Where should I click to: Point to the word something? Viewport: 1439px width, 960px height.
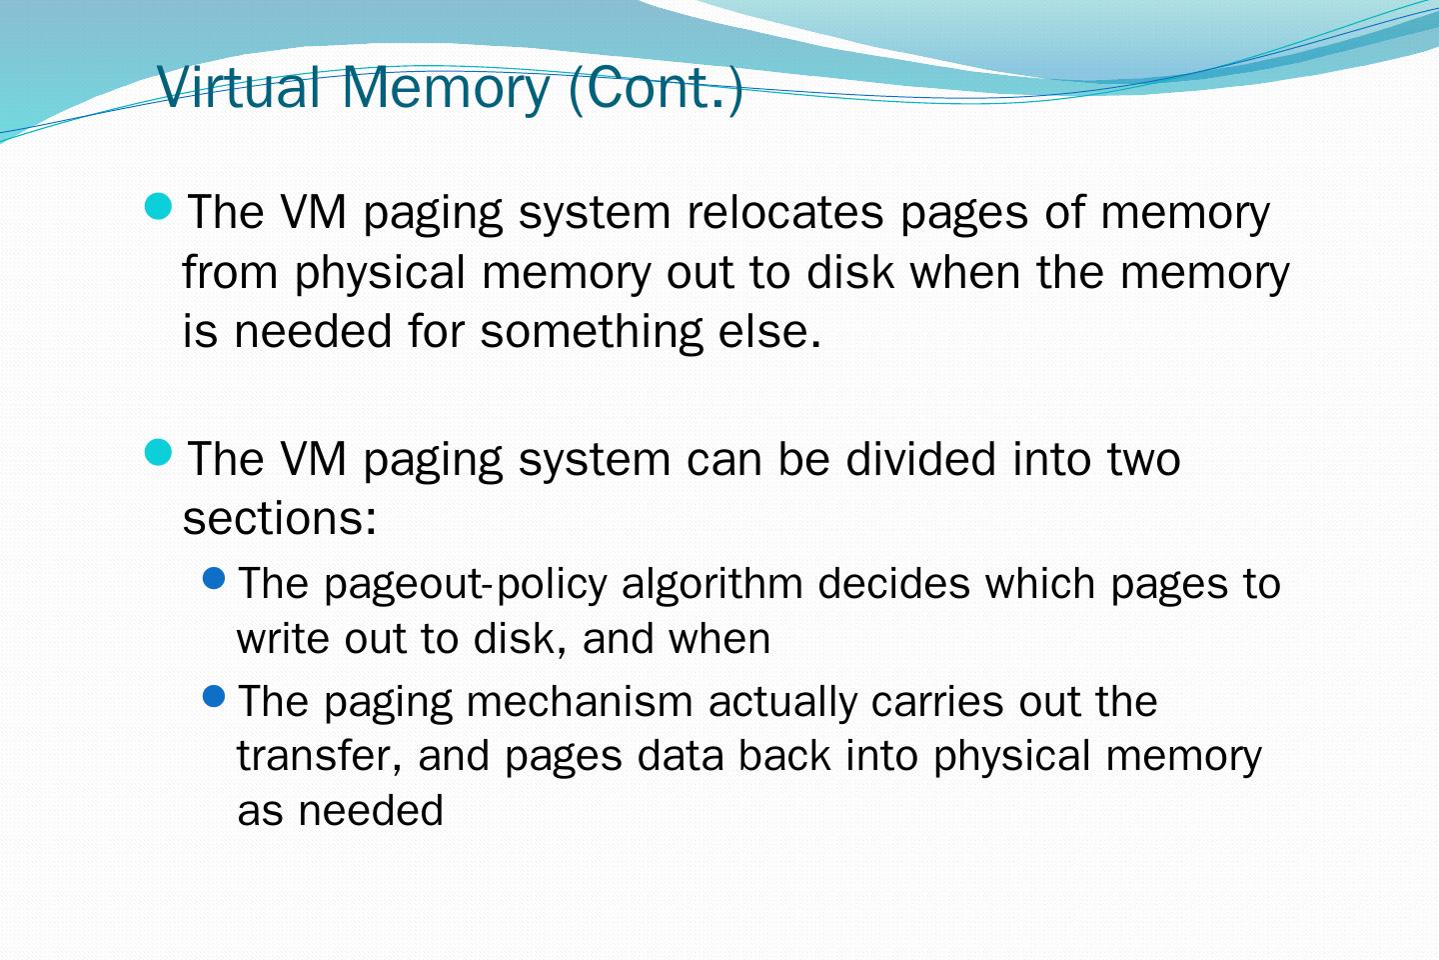(592, 332)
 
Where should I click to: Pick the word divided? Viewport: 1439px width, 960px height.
(920, 459)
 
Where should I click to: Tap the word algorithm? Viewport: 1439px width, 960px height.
(713, 584)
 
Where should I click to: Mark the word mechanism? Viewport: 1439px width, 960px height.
(580, 702)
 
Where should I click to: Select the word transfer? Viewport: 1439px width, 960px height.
(315, 756)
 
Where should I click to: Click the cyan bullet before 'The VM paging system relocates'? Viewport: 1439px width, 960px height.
(159, 206)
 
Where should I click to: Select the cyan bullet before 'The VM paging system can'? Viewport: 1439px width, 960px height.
(159, 453)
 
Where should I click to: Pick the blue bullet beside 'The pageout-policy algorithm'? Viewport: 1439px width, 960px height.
(214, 577)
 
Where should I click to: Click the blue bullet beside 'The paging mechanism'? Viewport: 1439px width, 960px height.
(214, 695)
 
